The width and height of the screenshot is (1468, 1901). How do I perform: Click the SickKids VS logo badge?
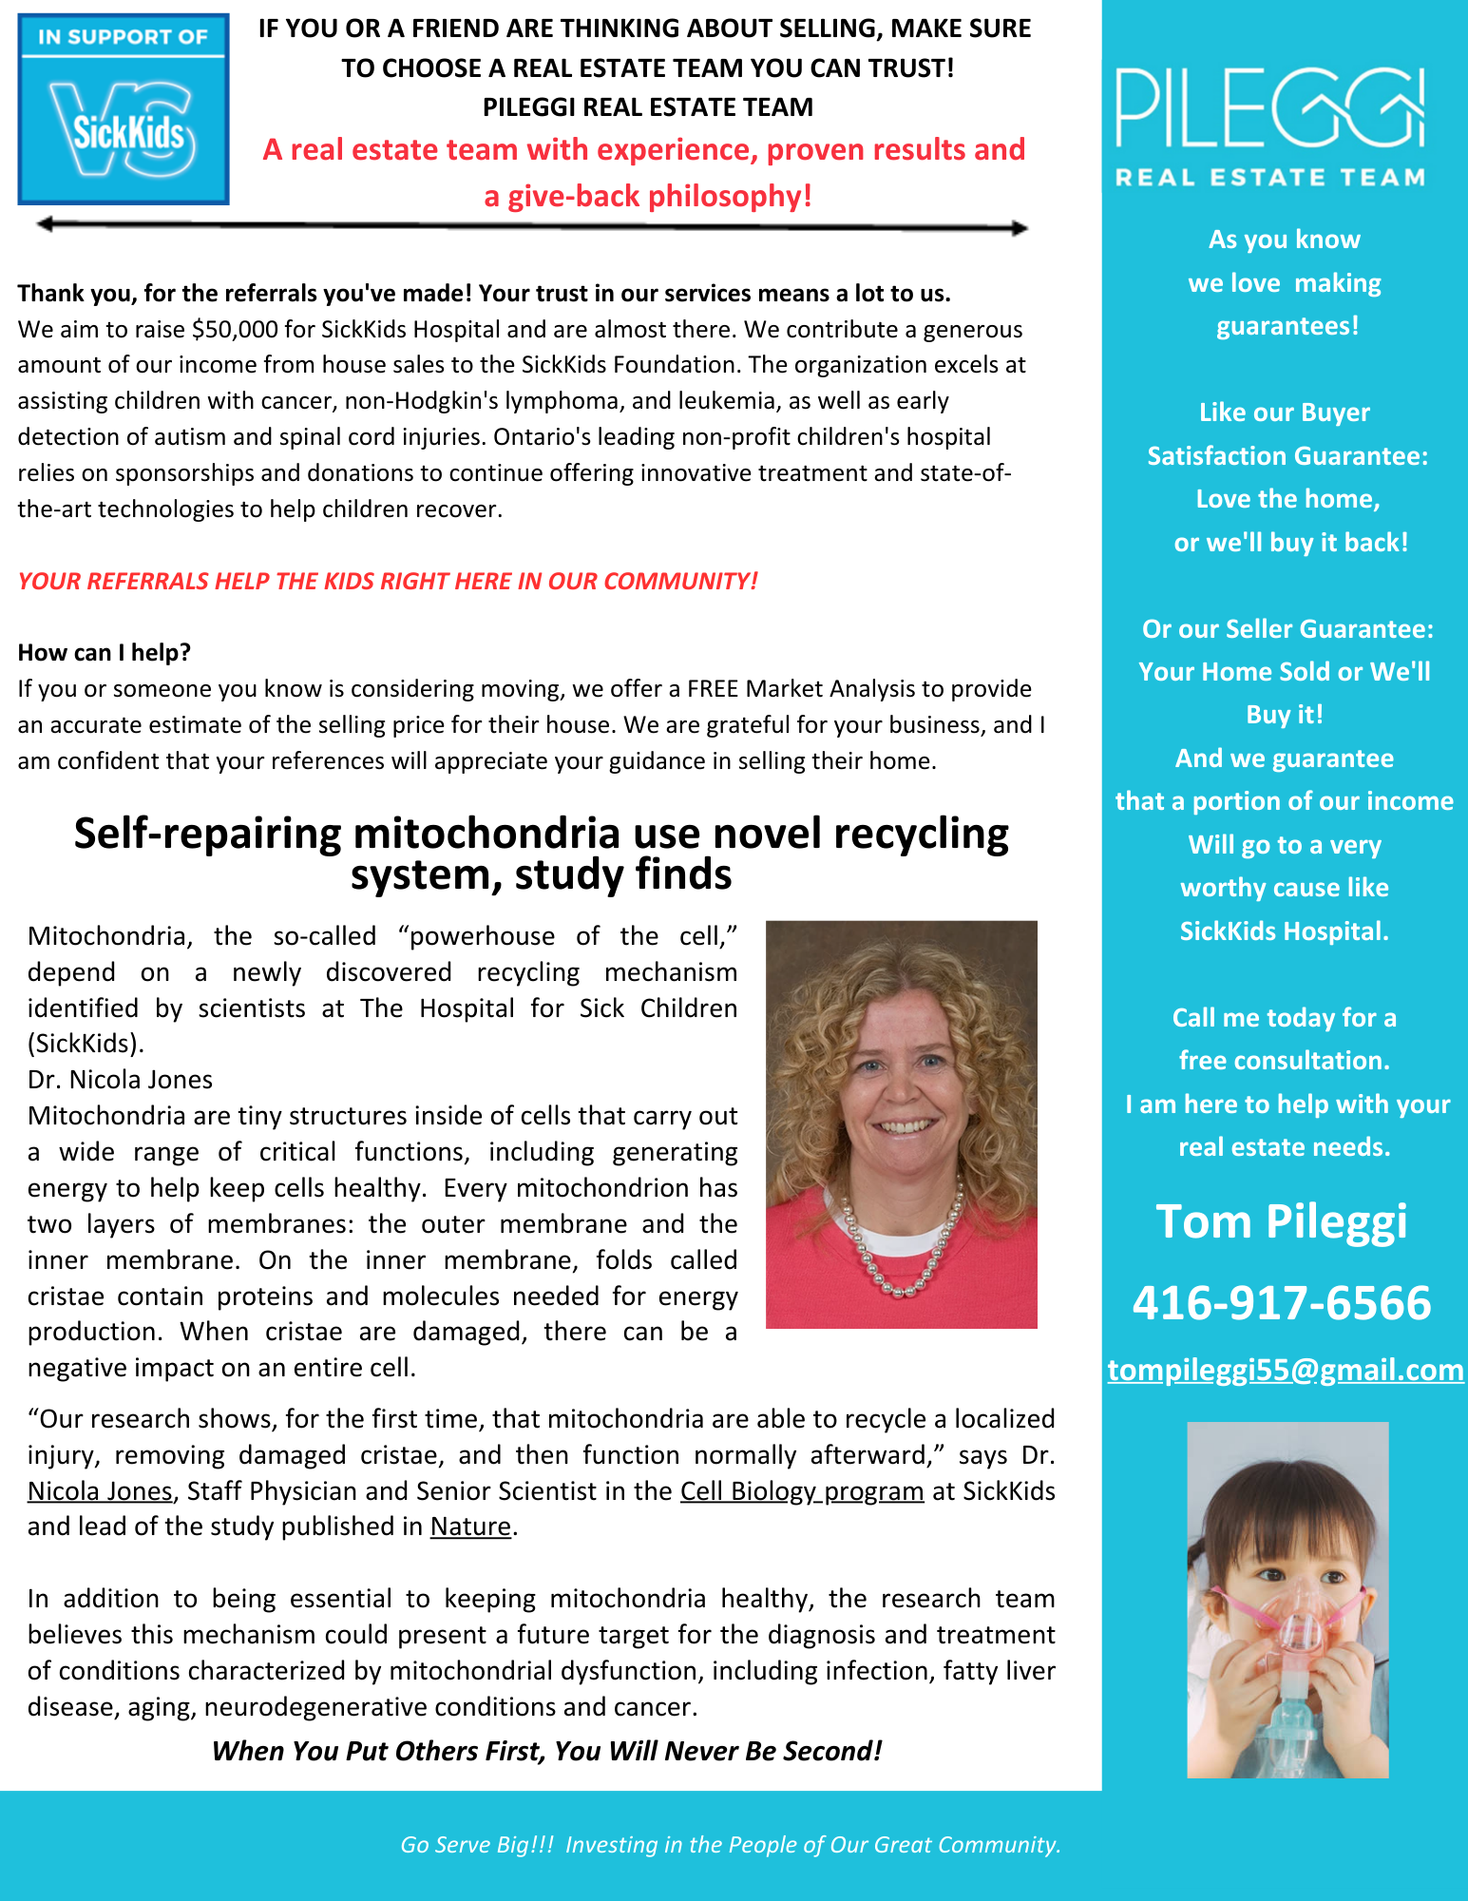[x=124, y=109]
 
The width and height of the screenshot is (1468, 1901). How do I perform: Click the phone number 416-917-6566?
[x=1282, y=1302]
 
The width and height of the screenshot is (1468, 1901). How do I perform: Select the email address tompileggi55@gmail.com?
[x=1286, y=1370]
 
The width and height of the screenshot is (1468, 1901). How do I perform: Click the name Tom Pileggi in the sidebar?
[x=1282, y=1221]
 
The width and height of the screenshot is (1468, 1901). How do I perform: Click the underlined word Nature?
[x=470, y=1527]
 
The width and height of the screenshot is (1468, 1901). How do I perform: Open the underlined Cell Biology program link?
[x=802, y=1491]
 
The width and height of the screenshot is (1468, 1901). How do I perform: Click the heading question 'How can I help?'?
[x=105, y=653]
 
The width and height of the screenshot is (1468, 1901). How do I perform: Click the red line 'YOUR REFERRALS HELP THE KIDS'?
[x=388, y=581]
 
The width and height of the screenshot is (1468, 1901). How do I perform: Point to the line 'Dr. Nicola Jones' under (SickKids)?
[x=120, y=1080]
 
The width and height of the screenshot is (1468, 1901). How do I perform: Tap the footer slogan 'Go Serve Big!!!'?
[x=476, y=1845]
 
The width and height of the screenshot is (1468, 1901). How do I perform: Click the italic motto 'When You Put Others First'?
[x=546, y=1751]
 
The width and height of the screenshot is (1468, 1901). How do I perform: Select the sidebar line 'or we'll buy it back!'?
[x=1290, y=543]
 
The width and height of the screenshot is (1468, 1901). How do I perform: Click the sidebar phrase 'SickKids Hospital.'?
[x=1284, y=931]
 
